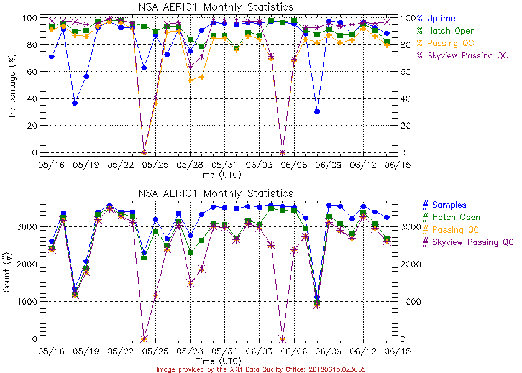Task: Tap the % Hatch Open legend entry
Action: [446, 31]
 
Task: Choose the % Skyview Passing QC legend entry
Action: [463, 56]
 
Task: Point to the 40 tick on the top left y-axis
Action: [29, 99]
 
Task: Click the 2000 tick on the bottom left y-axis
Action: [24, 264]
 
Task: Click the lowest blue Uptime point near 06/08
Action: [318, 112]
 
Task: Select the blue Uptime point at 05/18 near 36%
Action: [75, 103]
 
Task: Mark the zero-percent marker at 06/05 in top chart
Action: [283, 152]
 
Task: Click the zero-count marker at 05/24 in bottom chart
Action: [144, 339]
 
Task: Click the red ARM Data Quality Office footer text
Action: [260, 369]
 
